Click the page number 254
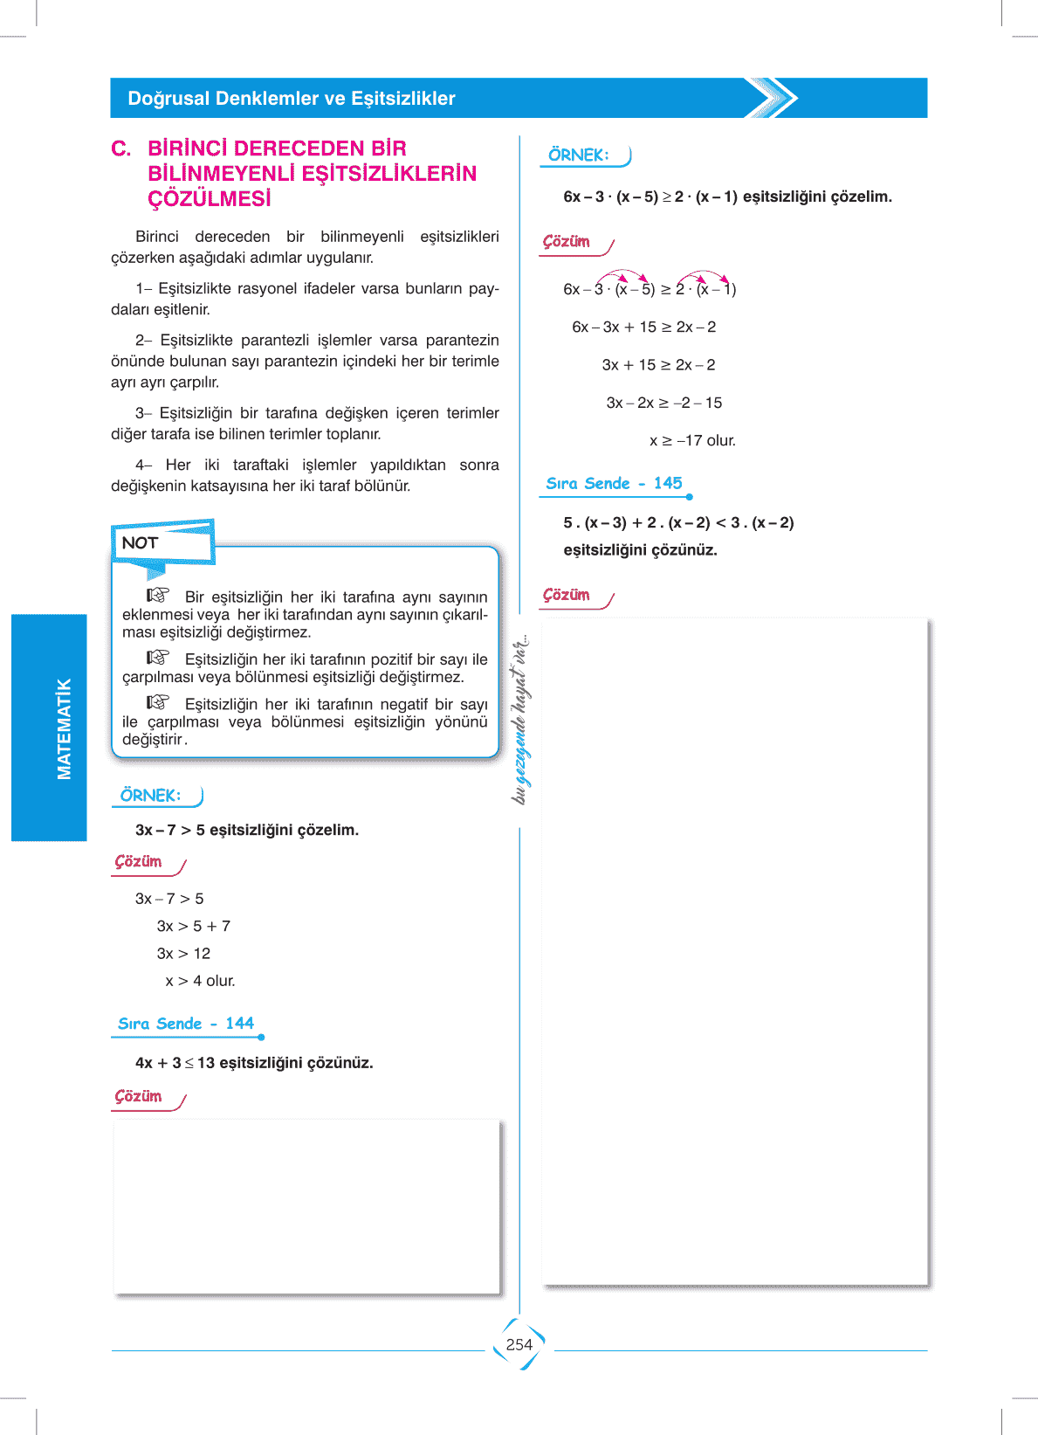pyautogui.click(x=519, y=1344)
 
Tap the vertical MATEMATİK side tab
pyautogui.click(x=63, y=728)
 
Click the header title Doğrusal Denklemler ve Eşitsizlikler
pyautogui.click(x=292, y=99)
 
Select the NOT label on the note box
pyautogui.click(x=140, y=542)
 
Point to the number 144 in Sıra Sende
pyautogui.click(x=239, y=1023)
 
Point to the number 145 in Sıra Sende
pyautogui.click(x=668, y=483)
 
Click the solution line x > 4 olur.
pyautogui.click(x=200, y=981)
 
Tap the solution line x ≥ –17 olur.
pyautogui.click(x=692, y=440)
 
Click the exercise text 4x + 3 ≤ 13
pyautogui.click(x=253, y=1063)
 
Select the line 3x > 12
pyautogui.click(x=183, y=953)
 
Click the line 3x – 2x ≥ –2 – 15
pyautogui.click(x=663, y=403)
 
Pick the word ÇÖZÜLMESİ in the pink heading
pyautogui.click(x=210, y=199)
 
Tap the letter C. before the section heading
pyautogui.click(x=121, y=148)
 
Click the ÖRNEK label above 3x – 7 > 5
pyautogui.click(x=151, y=795)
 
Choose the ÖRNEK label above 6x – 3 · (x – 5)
pyautogui.click(x=579, y=155)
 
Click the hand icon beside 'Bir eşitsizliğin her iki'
pyautogui.click(x=158, y=595)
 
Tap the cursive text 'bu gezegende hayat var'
pyautogui.click(x=520, y=719)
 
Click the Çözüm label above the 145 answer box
pyautogui.click(x=567, y=595)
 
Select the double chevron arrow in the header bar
pyautogui.click(x=772, y=98)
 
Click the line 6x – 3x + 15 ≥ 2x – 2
pyautogui.click(x=643, y=327)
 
